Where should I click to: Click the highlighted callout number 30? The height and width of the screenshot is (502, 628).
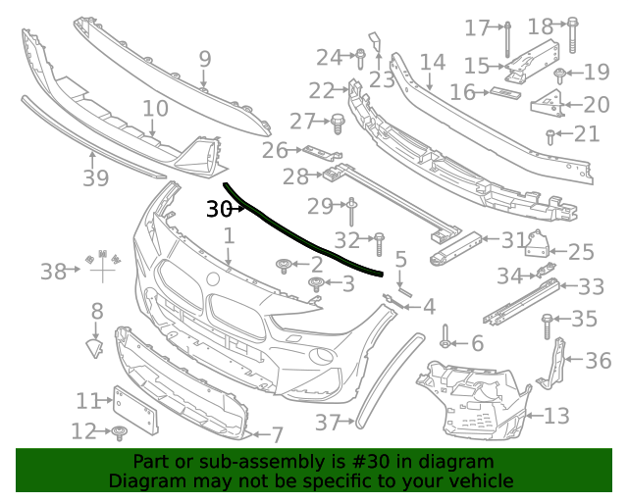(x=218, y=209)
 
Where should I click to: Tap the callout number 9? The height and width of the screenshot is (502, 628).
(x=204, y=59)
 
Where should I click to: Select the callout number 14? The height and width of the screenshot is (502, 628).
(x=433, y=63)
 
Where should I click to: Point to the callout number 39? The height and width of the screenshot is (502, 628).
(x=95, y=178)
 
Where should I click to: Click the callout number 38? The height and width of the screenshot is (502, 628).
(x=53, y=271)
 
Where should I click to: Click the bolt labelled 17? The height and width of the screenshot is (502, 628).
(x=508, y=37)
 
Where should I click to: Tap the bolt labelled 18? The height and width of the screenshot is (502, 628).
(x=568, y=37)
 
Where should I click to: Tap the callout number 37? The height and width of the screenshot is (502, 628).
(x=327, y=423)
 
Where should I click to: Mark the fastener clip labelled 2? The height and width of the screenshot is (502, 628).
(x=285, y=264)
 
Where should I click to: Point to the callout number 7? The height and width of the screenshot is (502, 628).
(x=277, y=433)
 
